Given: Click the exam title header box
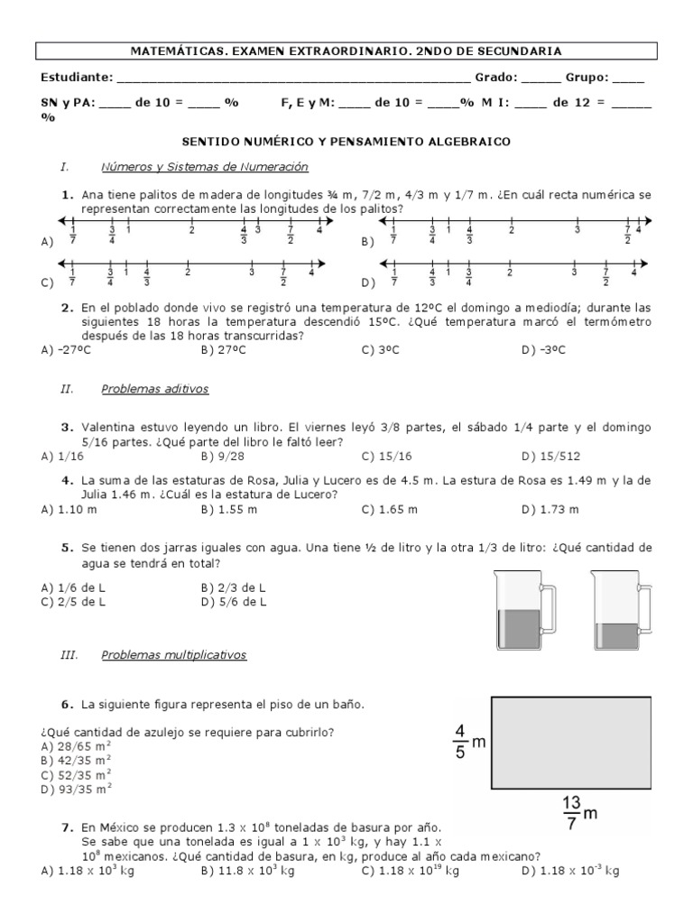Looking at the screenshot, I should [x=346, y=51].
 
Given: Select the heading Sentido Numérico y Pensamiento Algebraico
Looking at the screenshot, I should [x=346, y=142].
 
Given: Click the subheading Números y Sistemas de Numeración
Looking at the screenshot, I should [x=205, y=167].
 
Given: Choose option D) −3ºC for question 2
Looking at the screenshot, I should [x=543, y=350].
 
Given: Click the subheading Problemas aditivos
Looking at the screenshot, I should [x=155, y=389].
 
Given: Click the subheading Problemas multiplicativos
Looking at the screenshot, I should [x=173, y=654].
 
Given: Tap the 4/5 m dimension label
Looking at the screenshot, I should [x=468, y=742].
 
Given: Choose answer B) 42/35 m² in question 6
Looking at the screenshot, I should [x=76, y=760].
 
